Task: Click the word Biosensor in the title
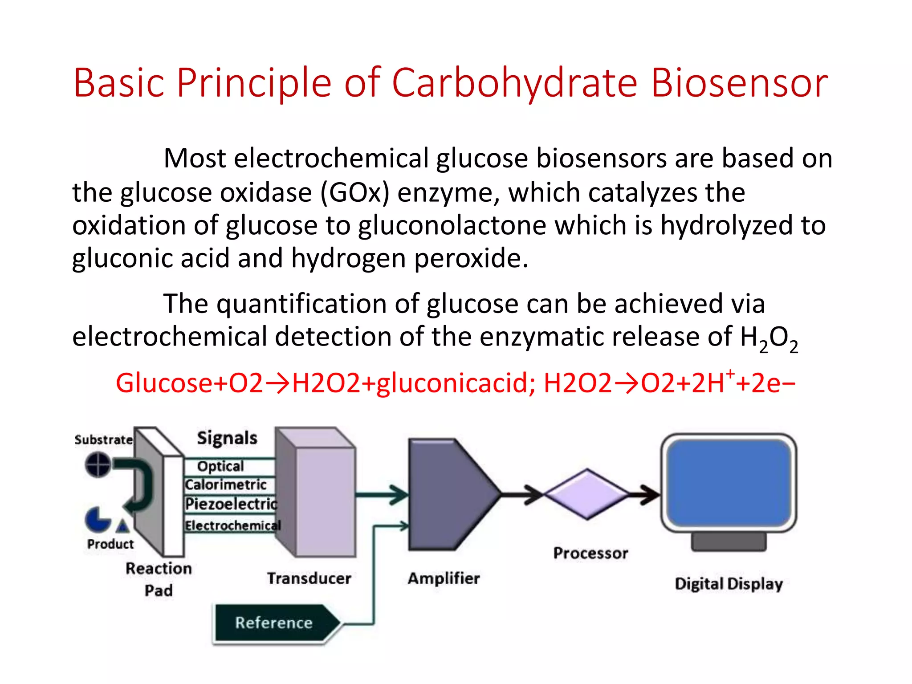pos(739,83)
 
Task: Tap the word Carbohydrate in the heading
pos(514,83)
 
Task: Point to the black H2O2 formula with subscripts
pos(769,338)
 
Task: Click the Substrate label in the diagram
pos(103,440)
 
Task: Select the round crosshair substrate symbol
pos(98,464)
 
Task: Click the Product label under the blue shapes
pos(110,544)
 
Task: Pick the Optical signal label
pos(220,466)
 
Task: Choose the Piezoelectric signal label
pos(231,504)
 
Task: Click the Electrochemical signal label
pos(233,526)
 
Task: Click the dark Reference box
pos(274,623)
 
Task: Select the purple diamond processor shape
pos(587,494)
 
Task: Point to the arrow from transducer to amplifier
pos(383,494)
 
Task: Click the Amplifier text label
pos(444,578)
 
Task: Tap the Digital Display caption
pos(729,584)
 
